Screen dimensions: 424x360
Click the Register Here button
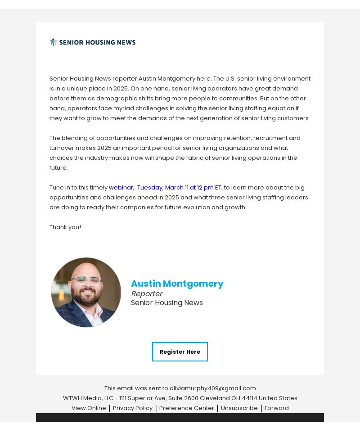[180, 352]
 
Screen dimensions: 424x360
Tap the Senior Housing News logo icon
[54, 42]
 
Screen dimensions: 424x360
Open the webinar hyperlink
[121, 187]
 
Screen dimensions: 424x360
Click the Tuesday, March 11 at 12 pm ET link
[179, 187]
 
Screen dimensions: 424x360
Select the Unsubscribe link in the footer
[239, 408]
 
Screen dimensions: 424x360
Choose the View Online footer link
[89, 408]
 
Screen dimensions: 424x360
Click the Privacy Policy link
[133, 408]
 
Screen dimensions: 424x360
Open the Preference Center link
[186, 408]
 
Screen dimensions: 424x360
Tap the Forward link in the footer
[276, 408]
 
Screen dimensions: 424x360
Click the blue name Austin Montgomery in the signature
[177, 284]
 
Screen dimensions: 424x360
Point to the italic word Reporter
[146, 293]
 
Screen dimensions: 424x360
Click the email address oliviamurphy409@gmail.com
[212, 388]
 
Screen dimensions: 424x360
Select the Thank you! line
[65, 227]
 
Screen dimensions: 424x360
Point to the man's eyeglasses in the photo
[86, 281]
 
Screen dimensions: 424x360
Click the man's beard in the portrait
[86, 298]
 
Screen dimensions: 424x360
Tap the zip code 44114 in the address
[249, 398]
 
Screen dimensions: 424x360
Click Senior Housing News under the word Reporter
[166, 303]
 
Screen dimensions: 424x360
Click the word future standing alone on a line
[58, 167]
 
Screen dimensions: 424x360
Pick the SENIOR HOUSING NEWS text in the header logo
[97, 42]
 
